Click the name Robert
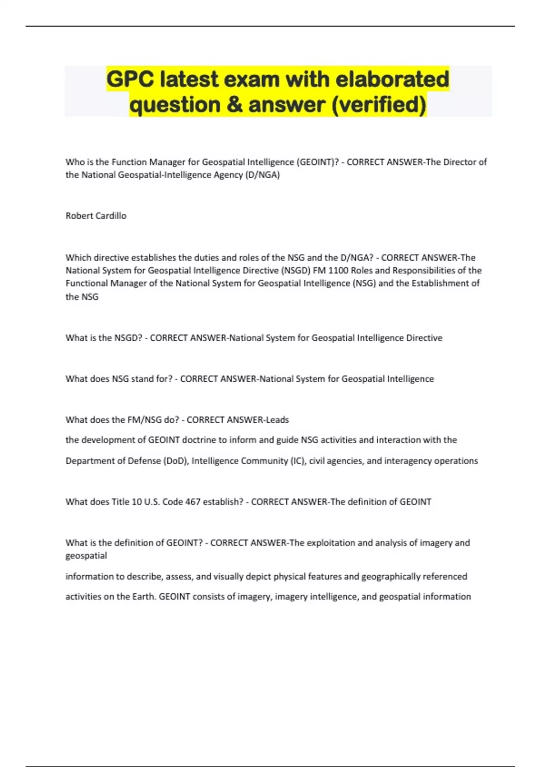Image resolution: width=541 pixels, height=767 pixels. (x=78, y=216)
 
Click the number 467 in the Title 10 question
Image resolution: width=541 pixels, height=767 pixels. (x=193, y=502)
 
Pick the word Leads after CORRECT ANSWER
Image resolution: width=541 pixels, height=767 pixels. (x=277, y=420)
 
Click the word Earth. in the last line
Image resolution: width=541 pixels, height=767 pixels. (x=144, y=596)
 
